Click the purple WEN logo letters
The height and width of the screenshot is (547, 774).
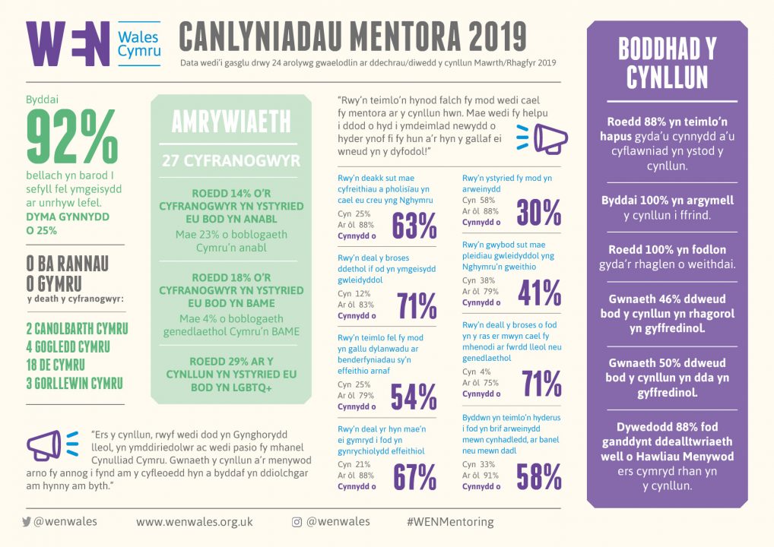point(68,44)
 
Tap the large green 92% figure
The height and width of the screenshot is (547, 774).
point(72,137)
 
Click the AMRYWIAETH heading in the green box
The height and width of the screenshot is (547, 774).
point(231,122)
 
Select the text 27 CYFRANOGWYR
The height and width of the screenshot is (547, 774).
point(231,161)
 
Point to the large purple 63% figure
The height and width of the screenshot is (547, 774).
point(414,226)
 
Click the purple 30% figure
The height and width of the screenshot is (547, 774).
point(539,213)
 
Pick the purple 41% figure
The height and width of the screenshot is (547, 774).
point(540,293)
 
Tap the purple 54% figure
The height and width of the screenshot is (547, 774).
point(414,397)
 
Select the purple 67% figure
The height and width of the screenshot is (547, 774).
point(415,477)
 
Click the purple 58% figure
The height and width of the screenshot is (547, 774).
point(539,477)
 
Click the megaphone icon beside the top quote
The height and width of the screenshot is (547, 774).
point(542,138)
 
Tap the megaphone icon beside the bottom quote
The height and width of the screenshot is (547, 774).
point(52,445)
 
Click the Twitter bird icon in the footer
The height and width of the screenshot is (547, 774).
point(27,522)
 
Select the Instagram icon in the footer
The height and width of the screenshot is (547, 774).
point(297,522)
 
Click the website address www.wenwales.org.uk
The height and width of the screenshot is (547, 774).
point(195,522)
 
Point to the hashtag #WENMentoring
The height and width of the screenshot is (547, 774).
point(450,522)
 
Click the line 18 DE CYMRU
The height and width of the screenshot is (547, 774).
point(56,365)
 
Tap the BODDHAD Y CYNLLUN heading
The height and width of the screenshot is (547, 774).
point(668,63)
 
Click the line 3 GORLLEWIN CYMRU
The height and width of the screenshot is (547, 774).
point(75,383)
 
